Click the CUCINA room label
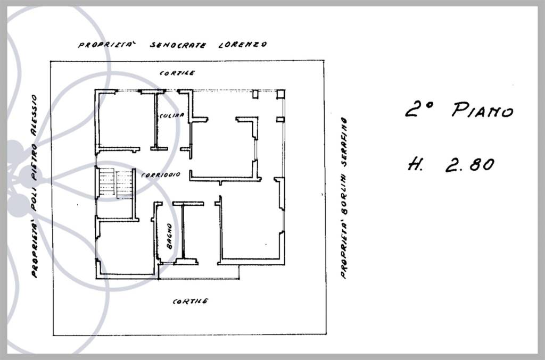coord(172,115)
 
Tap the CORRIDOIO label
coord(161,175)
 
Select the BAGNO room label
coord(169,236)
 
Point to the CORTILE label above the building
coord(177,73)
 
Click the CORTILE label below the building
coord(191,302)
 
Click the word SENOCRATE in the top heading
coord(178,45)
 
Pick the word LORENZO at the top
coord(243,45)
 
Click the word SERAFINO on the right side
coord(344,143)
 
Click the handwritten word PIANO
coord(482,110)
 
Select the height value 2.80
coord(470,164)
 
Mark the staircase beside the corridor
coord(115,183)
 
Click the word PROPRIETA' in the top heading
coord(107,45)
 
